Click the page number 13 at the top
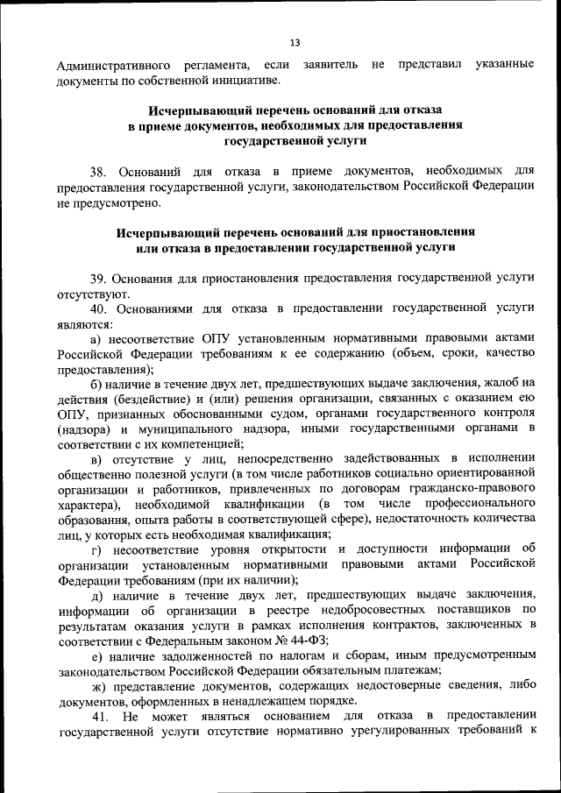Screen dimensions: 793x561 tap(294, 42)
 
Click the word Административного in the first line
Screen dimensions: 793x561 tap(110, 66)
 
